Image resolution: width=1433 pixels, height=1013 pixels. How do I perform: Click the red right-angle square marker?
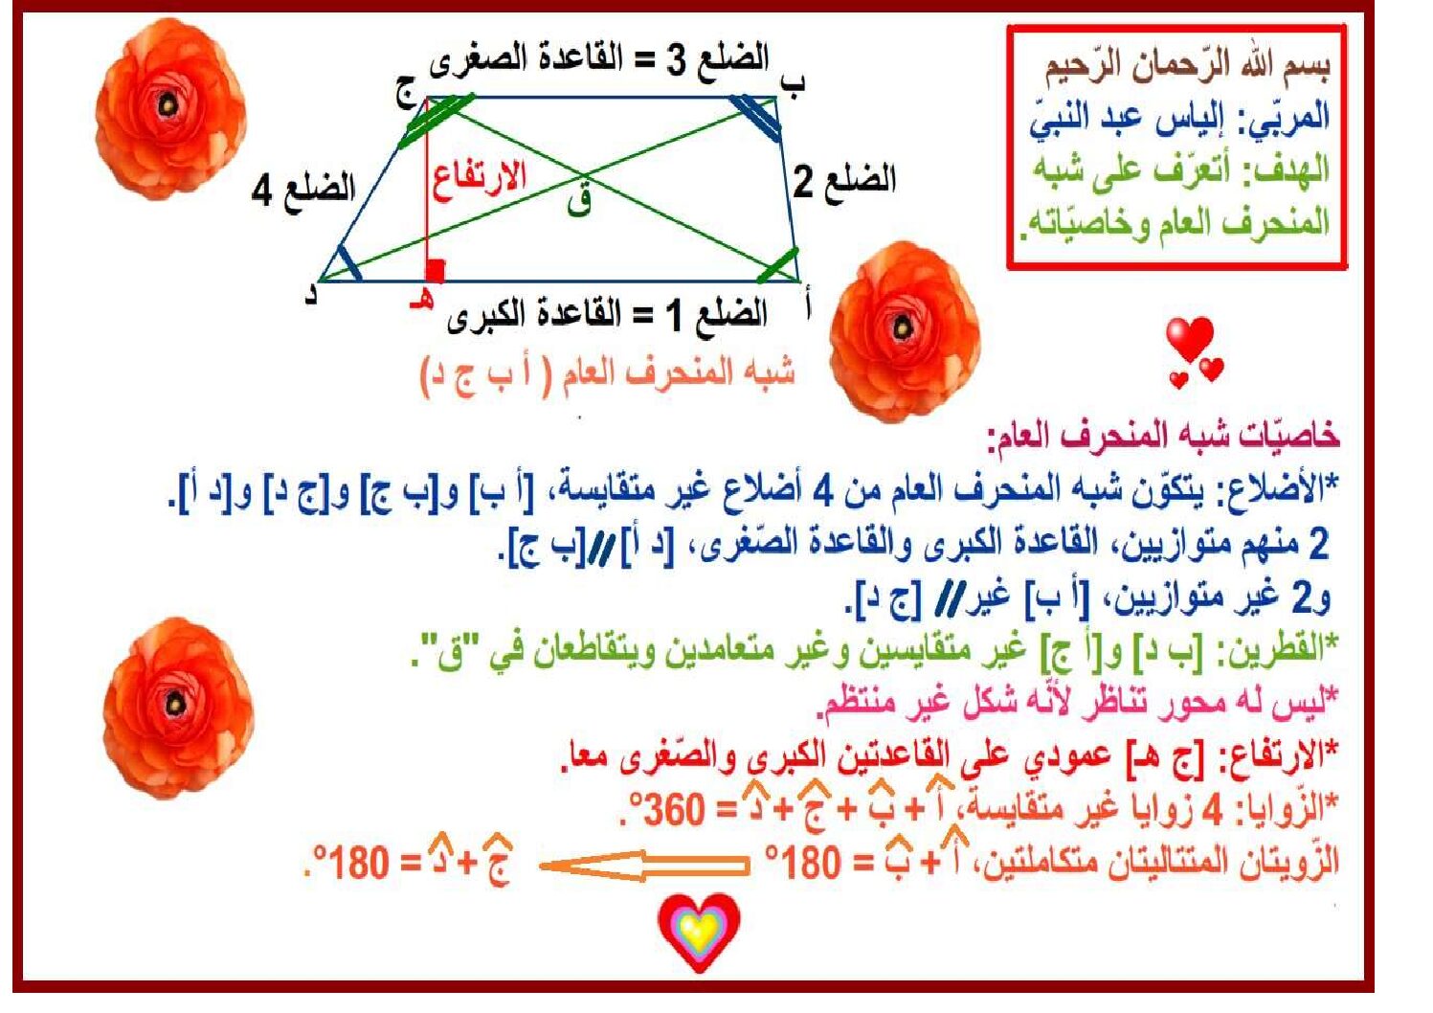pos(436,270)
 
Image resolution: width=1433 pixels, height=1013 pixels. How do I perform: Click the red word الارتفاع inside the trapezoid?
pos(480,180)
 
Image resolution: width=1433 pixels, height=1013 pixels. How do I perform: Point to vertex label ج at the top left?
pos(406,96)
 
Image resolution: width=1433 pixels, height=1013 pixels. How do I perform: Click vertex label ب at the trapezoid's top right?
pos(794,83)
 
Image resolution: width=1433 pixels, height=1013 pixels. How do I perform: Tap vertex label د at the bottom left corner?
pos(311,295)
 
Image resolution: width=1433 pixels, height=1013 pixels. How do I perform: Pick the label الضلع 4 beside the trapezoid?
pos(303,190)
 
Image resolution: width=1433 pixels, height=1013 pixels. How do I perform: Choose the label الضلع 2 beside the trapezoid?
pos(844,180)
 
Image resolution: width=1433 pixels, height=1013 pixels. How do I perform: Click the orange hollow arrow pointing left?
pos(643,866)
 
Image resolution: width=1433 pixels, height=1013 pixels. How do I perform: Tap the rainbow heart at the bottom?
pos(699,933)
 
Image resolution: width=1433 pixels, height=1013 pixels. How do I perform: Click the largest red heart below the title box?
pos(1189,339)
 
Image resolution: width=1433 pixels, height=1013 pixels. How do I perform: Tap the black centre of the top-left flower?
pos(168,105)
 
